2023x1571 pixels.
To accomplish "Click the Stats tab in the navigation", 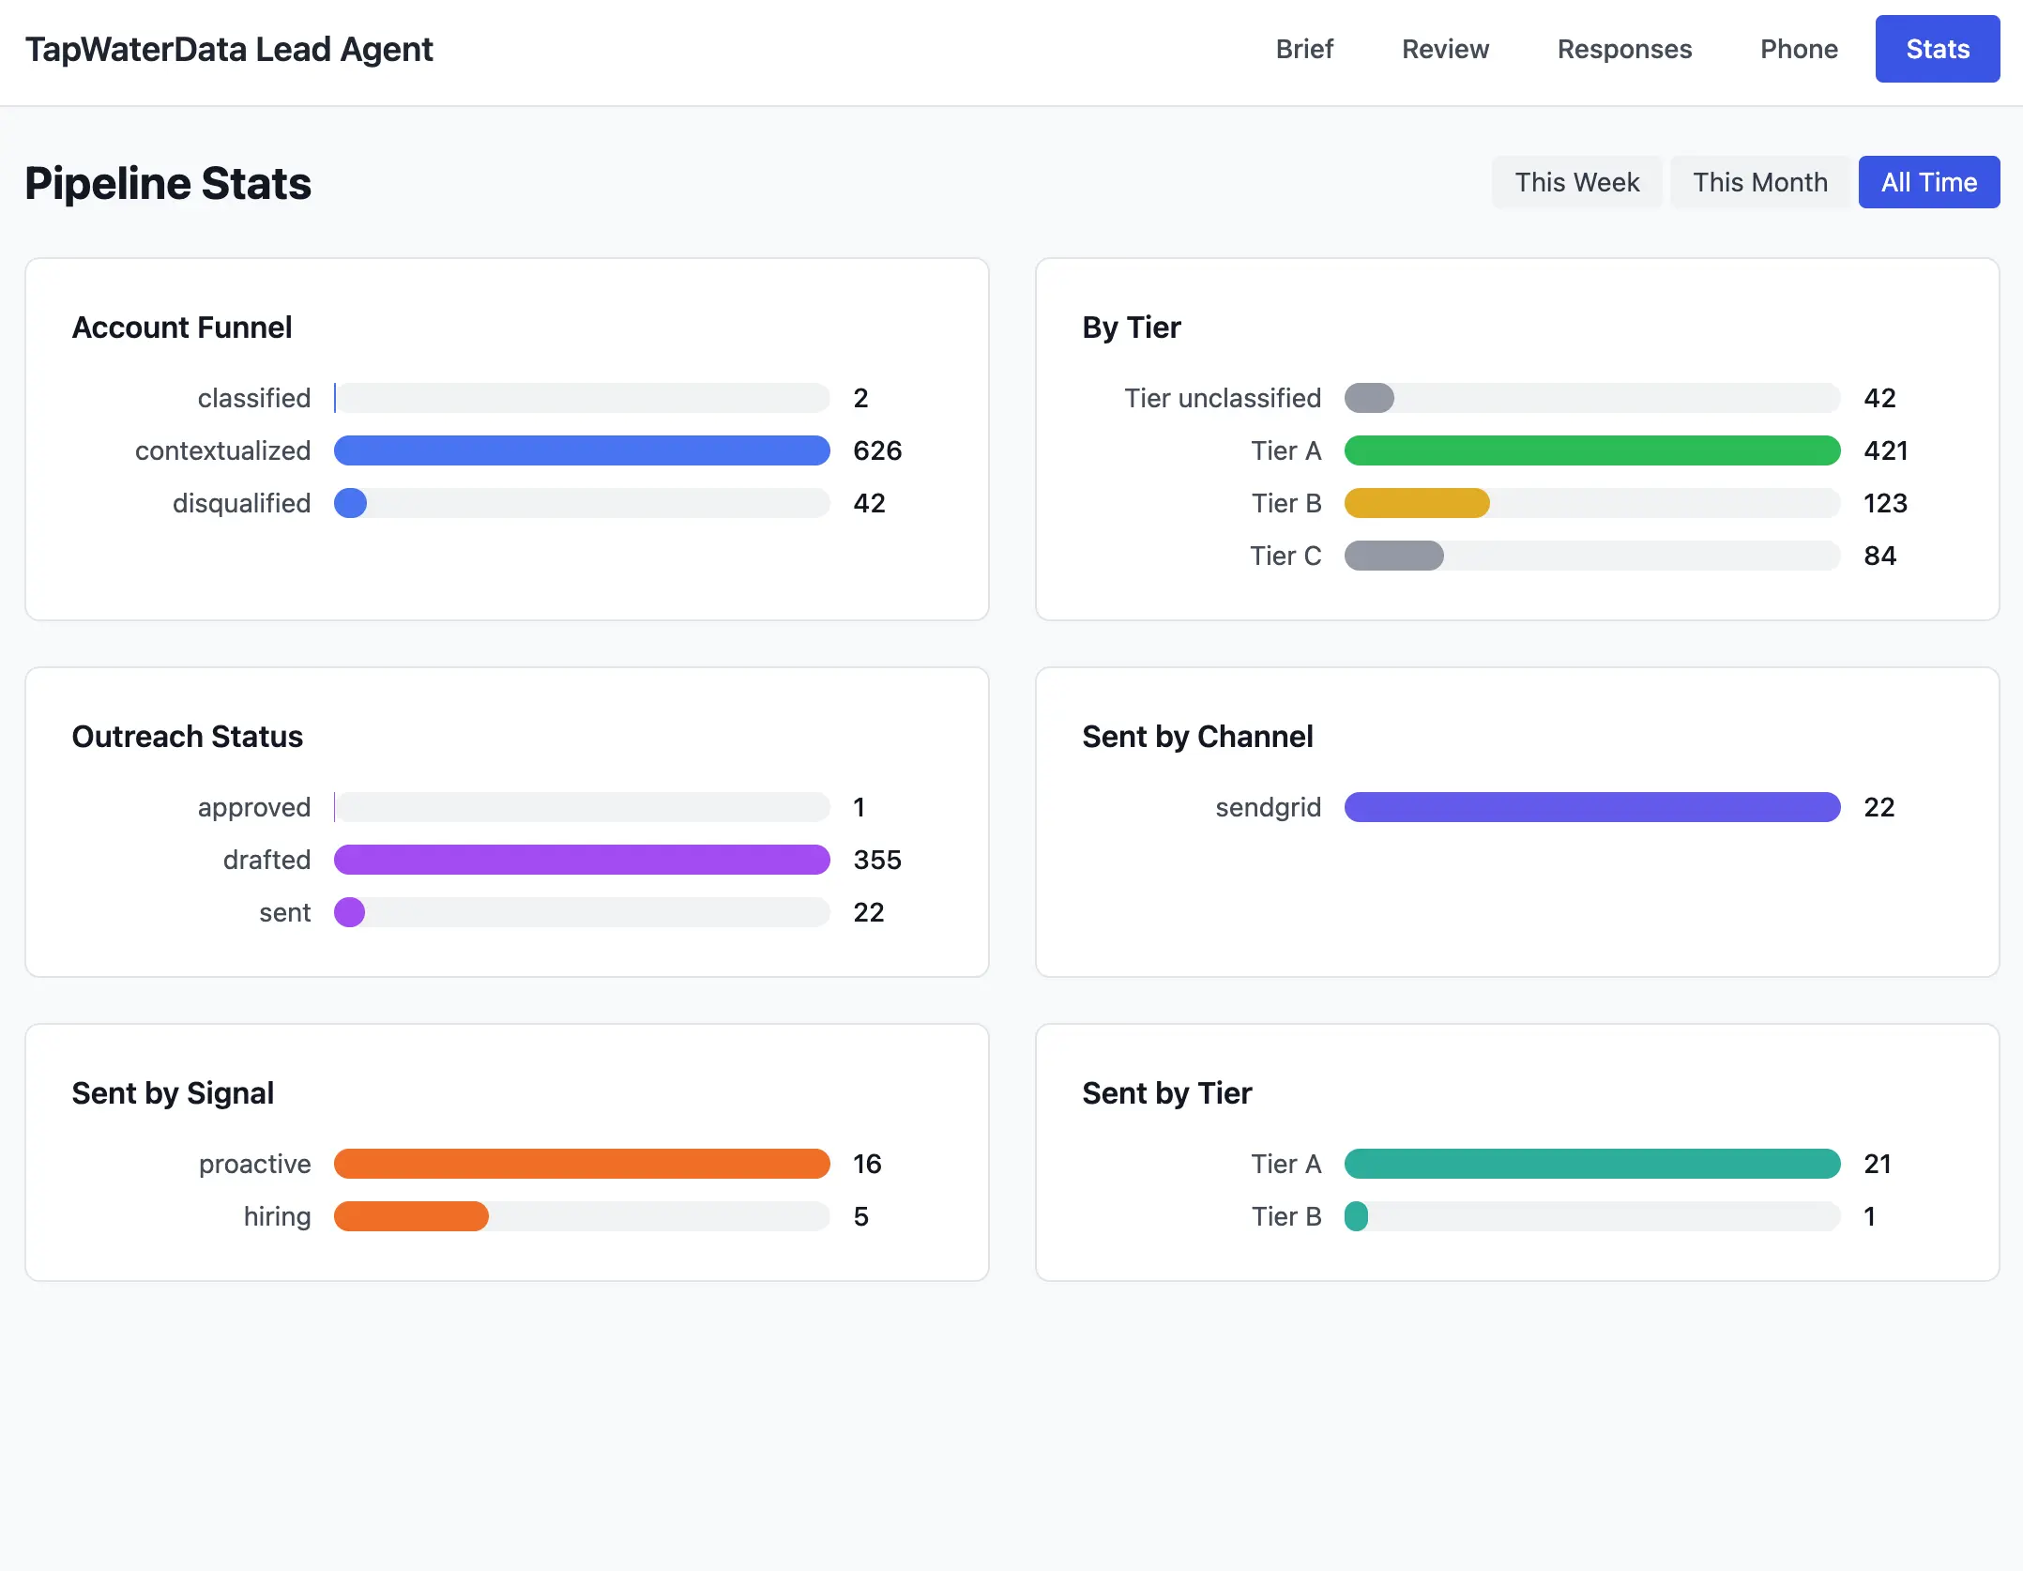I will click(1937, 49).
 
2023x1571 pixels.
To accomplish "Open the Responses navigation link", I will click(1624, 49).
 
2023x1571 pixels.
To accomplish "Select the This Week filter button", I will click(1576, 182).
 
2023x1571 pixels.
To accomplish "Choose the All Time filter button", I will click(1928, 182).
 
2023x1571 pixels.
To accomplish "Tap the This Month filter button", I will click(1759, 182).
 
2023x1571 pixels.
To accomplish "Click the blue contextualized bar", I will click(582, 450).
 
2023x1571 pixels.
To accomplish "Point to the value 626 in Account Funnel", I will click(876, 450).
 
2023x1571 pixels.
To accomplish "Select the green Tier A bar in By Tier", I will click(1591, 450).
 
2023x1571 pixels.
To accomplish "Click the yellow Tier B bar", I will click(1416, 503).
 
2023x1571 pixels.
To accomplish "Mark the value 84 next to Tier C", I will click(1879, 556).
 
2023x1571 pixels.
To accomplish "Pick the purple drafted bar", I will click(582, 860).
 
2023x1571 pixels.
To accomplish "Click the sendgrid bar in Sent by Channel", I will click(1591, 807).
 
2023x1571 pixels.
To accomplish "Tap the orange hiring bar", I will click(411, 1216).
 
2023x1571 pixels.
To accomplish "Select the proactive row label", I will click(254, 1164).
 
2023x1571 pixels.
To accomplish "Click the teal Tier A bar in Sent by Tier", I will click(1591, 1164).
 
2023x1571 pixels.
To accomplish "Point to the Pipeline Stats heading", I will click(168, 183).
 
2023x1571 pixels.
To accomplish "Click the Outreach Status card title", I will click(188, 737).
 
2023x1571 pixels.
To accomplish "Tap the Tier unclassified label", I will click(1222, 398).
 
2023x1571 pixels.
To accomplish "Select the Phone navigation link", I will click(1798, 49).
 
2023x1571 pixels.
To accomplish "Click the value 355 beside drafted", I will click(876, 860).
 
